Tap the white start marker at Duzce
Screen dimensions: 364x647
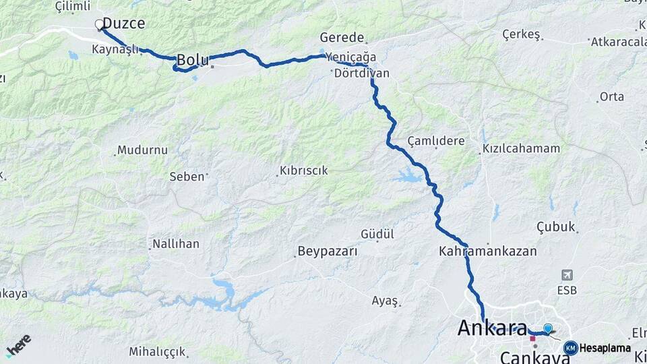100,25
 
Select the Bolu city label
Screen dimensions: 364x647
192,60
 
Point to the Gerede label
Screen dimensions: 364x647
342,38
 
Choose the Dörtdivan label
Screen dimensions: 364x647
361,73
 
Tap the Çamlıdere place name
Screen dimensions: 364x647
436,141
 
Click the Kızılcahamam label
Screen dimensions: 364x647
521,149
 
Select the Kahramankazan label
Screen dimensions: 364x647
487,251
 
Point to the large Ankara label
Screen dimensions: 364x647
492,328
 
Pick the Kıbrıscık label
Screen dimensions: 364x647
305,171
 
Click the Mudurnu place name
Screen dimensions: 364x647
142,150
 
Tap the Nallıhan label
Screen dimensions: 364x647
176,244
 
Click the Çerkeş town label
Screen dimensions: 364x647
522,34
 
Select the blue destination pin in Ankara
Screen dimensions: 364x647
548,328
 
